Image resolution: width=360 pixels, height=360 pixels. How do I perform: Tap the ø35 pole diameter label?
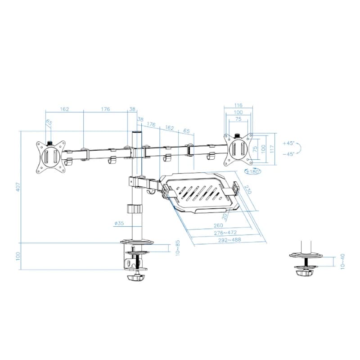tap(119, 223)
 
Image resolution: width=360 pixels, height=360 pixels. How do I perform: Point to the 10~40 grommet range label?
tap(343, 262)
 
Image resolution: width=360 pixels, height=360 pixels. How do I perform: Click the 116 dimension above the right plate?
tap(238, 106)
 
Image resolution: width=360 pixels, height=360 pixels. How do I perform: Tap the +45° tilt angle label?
tap(288, 143)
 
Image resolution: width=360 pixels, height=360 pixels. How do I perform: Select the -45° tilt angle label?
tap(288, 154)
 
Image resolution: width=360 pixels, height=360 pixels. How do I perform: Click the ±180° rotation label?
tap(254, 171)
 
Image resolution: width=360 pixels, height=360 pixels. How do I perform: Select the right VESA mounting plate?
tap(238, 148)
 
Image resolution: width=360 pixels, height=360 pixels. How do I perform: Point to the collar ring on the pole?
tap(134, 209)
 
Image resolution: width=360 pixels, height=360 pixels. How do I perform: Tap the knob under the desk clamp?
tap(136, 279)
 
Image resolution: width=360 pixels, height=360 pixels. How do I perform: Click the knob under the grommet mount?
tap(306, 272)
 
